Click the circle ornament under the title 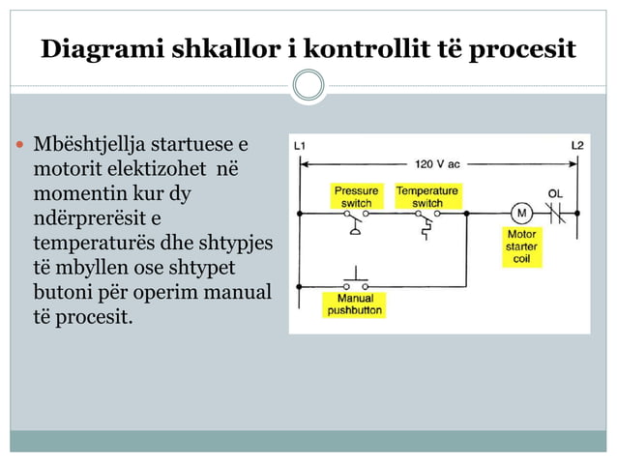pyautogui.click(x=308, y=86)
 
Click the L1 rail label pyautogui.click(x=301, y=146)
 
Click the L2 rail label pyautogui.click(x=577, y=146)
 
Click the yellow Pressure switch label pyautogui.click(x=357, y=196)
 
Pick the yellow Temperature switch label pyautogui.click(x=427, y=196)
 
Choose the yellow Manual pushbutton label pyautogui.click(x=355, y=304)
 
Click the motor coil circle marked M pyautogui.click(x=521, y=214)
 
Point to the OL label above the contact pyautogui.click(x=555, y=193)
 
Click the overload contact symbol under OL pyautogui.click(x=556, y=214)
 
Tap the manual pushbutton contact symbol pyautogui.click(x=356, y=283)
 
